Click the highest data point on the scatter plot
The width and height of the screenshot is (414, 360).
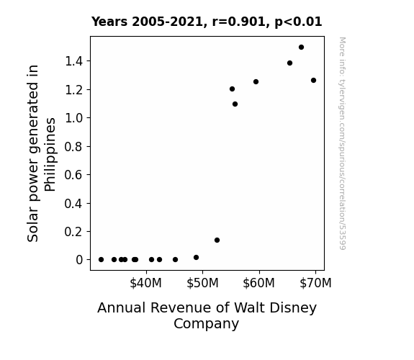click(x=301, y=48)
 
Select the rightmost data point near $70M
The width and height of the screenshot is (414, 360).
click(x=313, y=81)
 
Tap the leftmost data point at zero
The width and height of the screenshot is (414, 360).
click(x=101, y=260)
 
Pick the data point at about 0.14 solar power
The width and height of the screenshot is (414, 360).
click(x=217, y=240)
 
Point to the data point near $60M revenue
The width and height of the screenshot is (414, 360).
click(x=256, y=82)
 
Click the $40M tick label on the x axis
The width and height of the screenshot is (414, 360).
click(x=145, y=283)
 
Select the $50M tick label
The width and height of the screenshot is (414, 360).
click(x=202, y=283)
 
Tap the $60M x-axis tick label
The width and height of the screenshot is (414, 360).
click(x=258, y=283)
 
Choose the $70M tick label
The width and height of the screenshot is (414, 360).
click(x=315, y=283)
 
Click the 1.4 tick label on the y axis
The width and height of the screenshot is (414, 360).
click(x=74, y=61)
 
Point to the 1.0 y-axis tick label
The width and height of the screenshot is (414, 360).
click(x=74, y=118)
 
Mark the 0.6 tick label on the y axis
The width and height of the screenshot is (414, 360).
click(x=74, y=175)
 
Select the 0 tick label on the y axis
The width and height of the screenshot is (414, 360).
click(x=79, y=260)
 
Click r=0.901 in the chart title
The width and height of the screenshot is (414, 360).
click(x=239, y=22)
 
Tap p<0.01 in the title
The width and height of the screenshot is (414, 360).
click(x=298, y=22)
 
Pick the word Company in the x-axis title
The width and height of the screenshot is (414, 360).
click(x=206, y=324)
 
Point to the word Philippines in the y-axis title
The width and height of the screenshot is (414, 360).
click(x=50, y=155)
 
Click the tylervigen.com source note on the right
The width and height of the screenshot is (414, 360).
click(x=343, y=143)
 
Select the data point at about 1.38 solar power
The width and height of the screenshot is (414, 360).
click(x=289, y=63)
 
